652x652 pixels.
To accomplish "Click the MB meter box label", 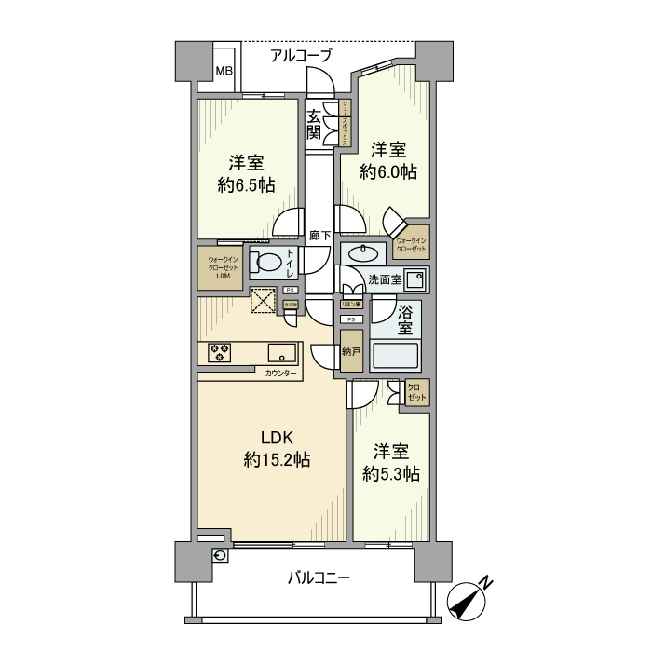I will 224,71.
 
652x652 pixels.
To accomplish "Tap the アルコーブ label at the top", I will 300,56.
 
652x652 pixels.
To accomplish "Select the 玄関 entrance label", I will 315,124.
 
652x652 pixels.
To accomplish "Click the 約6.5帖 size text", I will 246,185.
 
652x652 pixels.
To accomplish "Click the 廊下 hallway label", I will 319,236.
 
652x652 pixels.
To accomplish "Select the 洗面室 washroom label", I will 384,278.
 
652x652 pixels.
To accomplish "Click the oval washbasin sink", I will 362,253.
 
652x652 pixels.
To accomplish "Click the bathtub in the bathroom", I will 397,356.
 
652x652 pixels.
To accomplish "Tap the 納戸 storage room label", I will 350,352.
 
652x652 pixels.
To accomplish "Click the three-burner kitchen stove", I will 220,352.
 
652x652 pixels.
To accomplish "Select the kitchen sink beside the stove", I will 281,353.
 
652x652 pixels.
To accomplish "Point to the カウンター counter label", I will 281,374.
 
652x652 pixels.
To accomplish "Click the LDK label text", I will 277,438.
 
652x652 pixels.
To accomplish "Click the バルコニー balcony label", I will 319,578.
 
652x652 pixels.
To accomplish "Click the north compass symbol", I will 470,600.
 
